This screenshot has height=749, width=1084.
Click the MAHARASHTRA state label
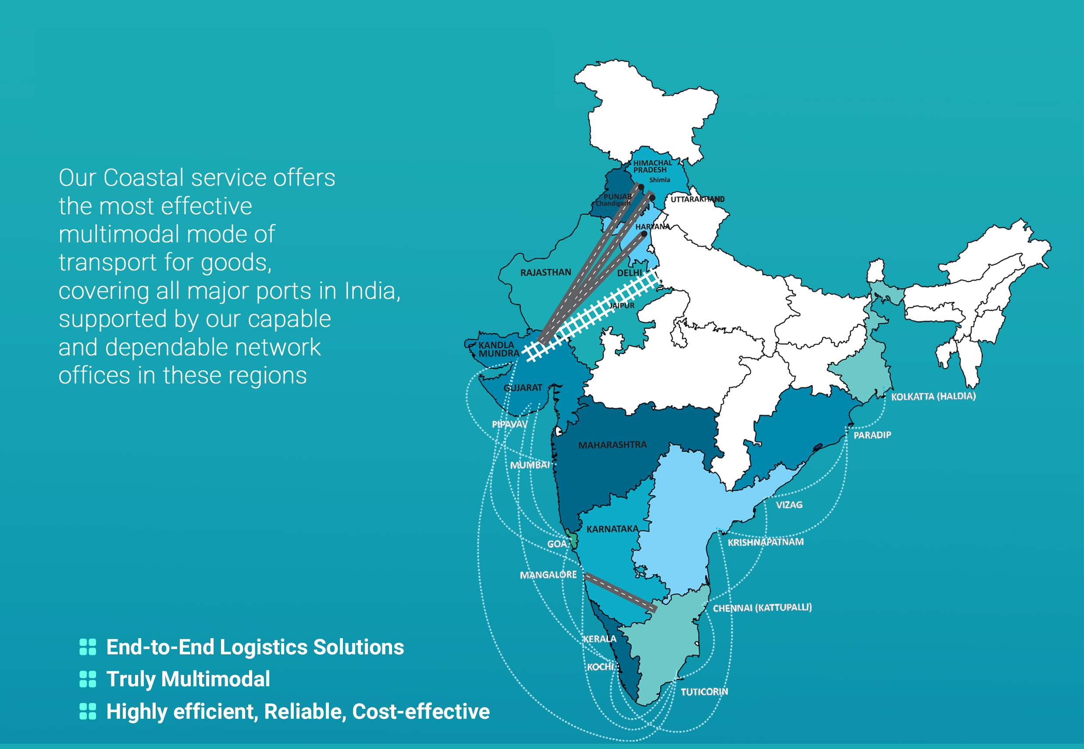click(612, 444)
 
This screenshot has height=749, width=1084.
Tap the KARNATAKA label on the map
click(612, 529)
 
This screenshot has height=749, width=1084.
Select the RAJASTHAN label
click(546, 272)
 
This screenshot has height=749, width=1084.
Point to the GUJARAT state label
click(523, 387)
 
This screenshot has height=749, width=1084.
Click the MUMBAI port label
click(530, 465)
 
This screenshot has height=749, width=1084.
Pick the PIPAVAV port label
click(510, 424)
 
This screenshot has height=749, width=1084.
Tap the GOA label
click(557, 543)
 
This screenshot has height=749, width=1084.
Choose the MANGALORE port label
click(548, 575)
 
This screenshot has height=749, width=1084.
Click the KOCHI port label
click(600, 667)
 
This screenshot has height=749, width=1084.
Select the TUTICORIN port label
click(704, 692)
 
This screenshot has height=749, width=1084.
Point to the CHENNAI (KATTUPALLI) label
click(762, 608)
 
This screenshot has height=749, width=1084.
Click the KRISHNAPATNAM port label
click(765, 542)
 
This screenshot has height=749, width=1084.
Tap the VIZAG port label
click(789, 505)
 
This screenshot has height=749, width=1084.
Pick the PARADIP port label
click(872, 435)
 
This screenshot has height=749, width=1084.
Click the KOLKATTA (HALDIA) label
click(933, 397)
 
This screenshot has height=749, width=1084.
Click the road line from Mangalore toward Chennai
click(620, 593)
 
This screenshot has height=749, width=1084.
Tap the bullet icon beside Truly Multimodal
click(88, 679)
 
